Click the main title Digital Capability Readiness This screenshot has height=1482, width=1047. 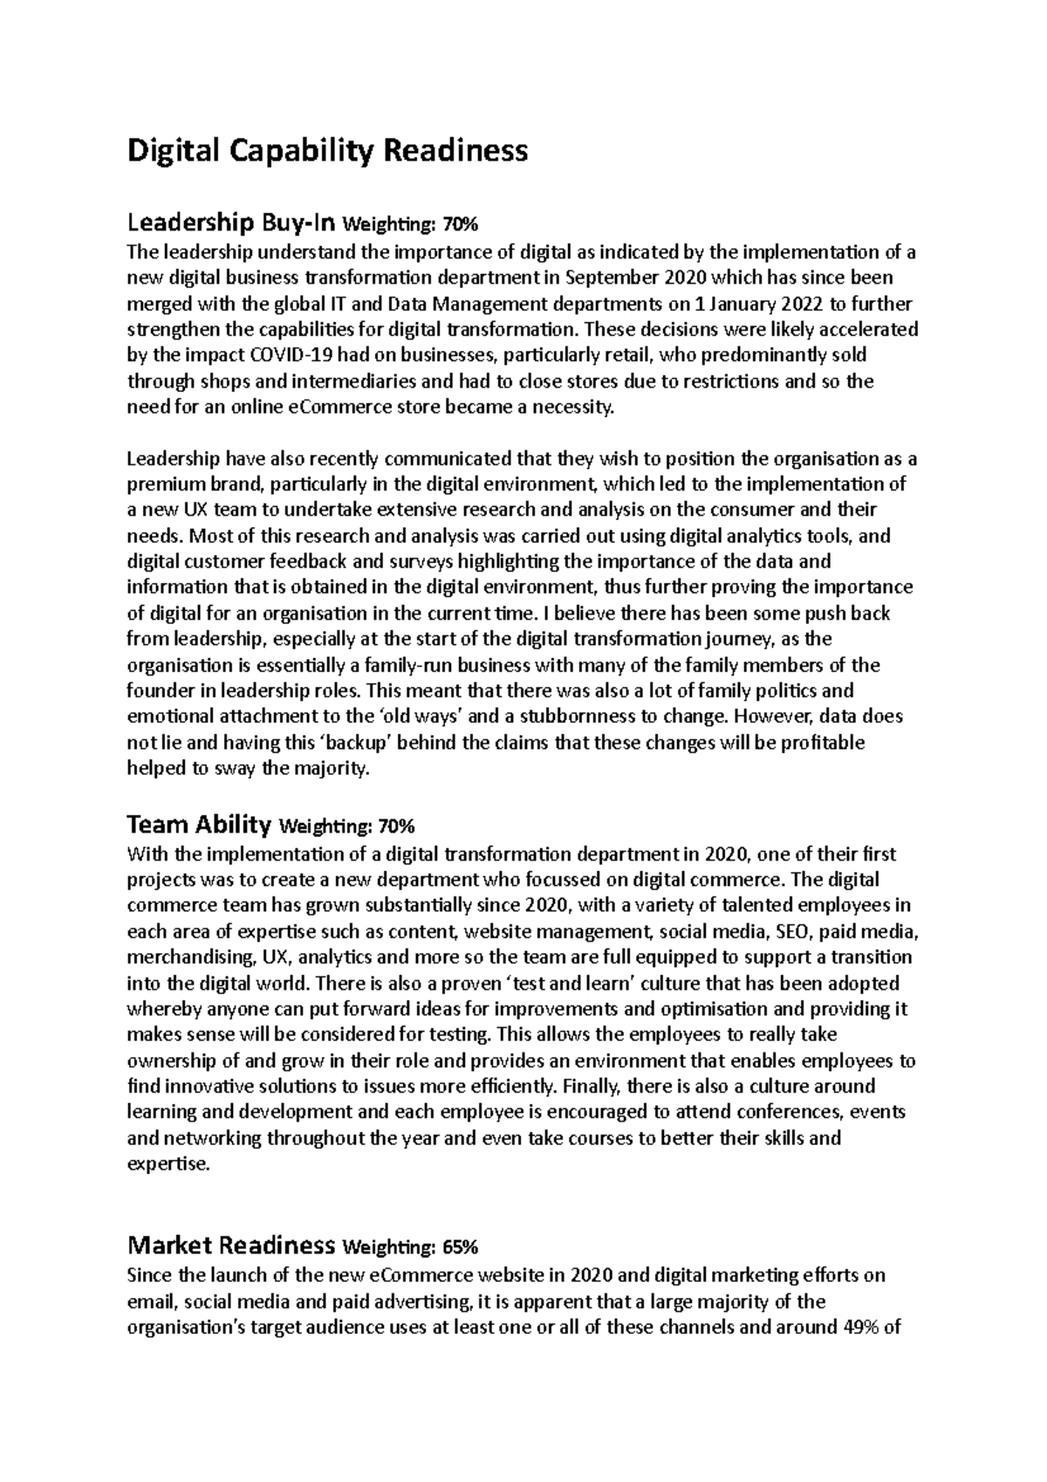tap(327, 151)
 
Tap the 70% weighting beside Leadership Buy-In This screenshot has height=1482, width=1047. tap(460, 225)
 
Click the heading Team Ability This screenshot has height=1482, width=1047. tap(199, 824)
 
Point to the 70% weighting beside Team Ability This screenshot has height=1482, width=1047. tap(398, 826)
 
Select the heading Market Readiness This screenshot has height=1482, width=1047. tap(230, 1244)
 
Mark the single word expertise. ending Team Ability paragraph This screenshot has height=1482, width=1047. tap(168, 1164)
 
